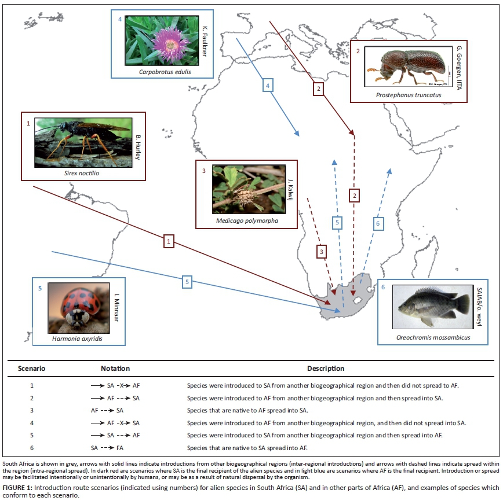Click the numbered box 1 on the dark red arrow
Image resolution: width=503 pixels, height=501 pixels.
(x=169, y=241)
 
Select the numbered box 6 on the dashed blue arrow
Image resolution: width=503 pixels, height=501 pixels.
(x=378, y=223)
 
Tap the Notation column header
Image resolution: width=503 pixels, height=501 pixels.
(x=115, y=369)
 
